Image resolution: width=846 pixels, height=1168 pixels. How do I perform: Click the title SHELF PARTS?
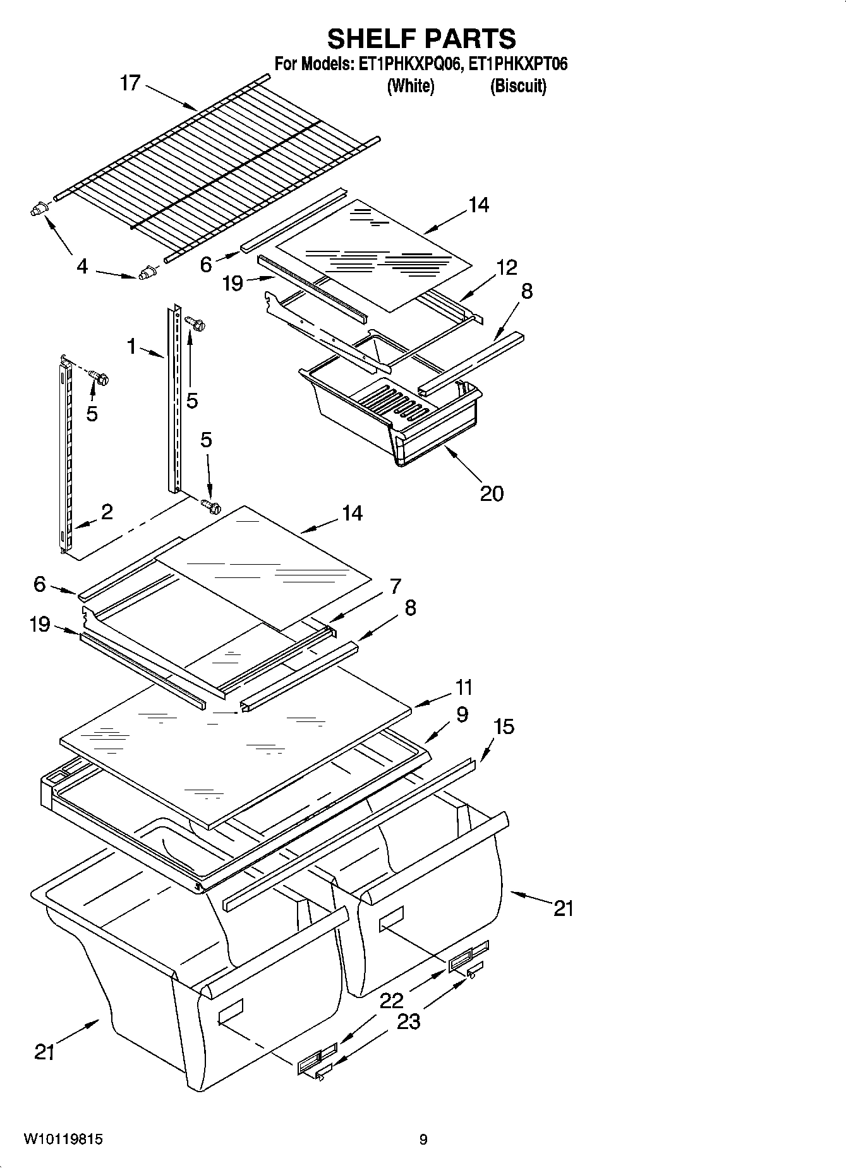(x=421, y=39)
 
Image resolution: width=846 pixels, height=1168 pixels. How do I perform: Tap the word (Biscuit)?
(x=518, y=86)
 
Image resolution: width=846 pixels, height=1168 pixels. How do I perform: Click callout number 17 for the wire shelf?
(x=130, y=83)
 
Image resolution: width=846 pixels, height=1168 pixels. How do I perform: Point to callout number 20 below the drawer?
(x=492, y=493)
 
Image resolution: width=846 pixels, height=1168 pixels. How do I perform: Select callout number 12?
(x=506, y=267)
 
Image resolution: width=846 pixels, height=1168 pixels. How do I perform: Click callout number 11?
(x=464, y=687)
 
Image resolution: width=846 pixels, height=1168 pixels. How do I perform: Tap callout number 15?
(x=504, y=726)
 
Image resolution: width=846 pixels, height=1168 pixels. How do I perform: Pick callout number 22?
(x=392, y=1000)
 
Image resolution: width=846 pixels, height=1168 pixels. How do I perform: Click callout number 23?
(x=408, y=1021)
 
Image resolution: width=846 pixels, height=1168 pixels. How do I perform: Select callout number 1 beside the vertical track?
(x=131, y=346)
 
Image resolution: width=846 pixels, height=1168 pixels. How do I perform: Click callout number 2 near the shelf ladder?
(x=107, y=512)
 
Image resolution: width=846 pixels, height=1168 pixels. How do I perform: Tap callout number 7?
(x=396, y=586)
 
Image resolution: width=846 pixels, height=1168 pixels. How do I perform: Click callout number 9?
(x=462, y=714)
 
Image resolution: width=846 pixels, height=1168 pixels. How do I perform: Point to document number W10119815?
(x=63, y=1140)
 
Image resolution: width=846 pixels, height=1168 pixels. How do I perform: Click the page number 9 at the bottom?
(x=423, y=1140)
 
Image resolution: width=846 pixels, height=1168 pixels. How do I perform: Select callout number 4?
(x=82, y=267)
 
